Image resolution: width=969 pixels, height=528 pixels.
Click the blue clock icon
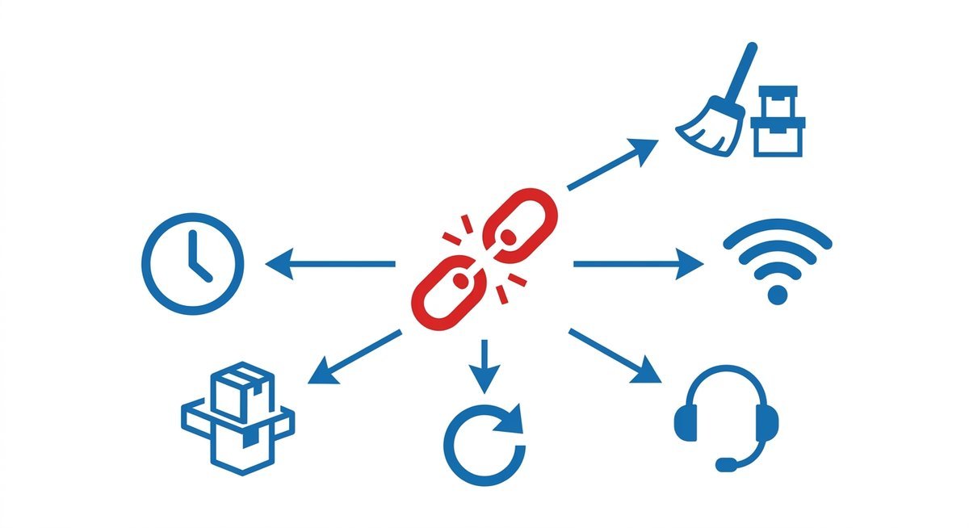(x=192, y=263)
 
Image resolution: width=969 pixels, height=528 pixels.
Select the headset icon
(x=726, y=415)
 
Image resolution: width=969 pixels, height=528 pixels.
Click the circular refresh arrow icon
(x=483, y=445)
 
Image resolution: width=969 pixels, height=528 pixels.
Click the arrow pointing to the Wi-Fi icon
(x=638, y=264)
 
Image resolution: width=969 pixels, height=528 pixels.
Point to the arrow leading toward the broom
(x=614, y=165)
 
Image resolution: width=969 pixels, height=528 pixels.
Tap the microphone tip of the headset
(x=725, y=465)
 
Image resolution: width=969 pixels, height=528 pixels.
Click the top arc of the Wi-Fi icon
(x=777, y=229)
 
